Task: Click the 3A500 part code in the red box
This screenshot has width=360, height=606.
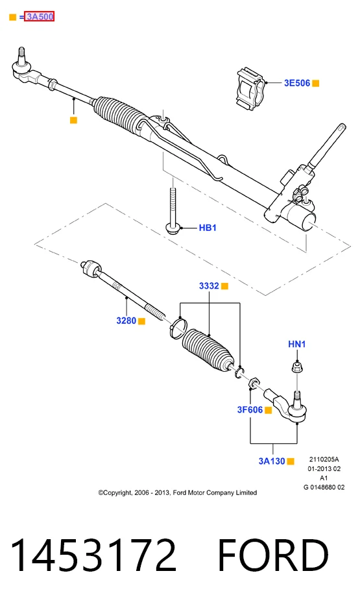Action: [x=39, y=17]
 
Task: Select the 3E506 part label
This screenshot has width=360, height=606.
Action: [x=297, y=83]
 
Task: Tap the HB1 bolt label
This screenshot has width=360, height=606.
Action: [x=208, y=228]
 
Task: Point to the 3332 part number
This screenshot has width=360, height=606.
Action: [x=209, y=286]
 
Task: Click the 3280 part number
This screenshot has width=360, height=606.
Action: [x=126, y=321]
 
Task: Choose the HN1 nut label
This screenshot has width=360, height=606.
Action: [x=296, y=344]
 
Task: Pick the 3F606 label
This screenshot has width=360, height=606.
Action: [x=250, y=409]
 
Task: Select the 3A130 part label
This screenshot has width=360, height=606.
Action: [x=272, y=461]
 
